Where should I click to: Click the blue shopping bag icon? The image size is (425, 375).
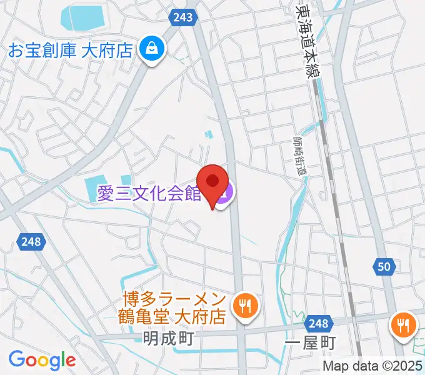(x=152, y=47)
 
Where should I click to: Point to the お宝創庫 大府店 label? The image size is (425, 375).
(x=70, y=51)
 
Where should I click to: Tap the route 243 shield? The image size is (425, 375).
(x=182, y=17)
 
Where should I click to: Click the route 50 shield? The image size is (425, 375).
(x=386, y=267)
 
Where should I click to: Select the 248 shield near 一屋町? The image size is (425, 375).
(x=318, y=323)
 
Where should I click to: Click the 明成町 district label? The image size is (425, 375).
(x=165, y=341)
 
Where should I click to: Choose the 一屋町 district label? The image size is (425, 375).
(x=310, y=342)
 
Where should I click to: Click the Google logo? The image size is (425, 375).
(x=42, y=360)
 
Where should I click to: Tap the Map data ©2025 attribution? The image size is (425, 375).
(x=372, y=366)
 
